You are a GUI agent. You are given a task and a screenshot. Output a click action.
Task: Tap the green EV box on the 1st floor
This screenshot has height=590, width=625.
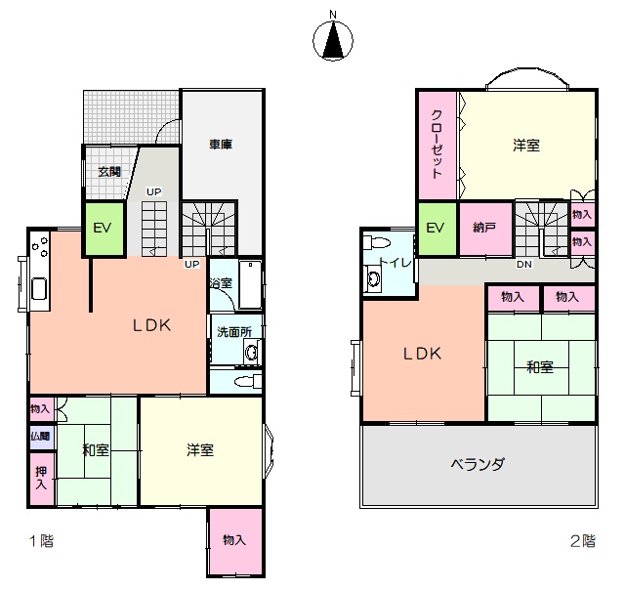click(103, 229)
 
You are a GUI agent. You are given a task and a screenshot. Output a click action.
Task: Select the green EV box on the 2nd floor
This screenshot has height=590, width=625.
click(437, 229)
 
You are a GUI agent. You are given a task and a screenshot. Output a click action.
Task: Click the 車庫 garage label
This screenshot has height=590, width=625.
click(221, 144)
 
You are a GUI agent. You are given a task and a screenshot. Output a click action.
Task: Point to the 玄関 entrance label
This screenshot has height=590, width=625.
click(109, 172)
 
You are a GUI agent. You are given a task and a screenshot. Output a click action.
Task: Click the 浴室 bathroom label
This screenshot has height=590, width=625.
click(221, 283)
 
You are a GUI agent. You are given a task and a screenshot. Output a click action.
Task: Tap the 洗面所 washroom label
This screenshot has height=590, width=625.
click(234, 332)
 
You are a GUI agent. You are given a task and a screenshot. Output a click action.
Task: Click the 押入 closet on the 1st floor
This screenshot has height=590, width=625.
click(42, 479)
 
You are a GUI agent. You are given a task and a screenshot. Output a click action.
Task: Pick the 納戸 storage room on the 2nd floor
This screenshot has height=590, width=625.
click(485, 229)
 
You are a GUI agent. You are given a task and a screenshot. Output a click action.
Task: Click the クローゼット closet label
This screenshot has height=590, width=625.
click(437, 144)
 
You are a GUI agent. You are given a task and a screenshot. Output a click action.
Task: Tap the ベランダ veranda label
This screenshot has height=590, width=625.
click(478, 464)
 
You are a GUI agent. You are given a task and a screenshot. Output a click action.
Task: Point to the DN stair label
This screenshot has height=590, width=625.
click(524, 265)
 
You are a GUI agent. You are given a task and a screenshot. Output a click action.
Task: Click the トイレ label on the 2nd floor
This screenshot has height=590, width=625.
click(395, 263)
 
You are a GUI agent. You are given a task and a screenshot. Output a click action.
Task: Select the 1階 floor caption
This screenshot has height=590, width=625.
click(42, 541)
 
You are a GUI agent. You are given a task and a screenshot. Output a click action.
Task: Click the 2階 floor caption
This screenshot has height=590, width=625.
click(583, 541)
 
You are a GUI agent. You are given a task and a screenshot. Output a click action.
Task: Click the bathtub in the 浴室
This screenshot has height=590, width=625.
click(250, 284)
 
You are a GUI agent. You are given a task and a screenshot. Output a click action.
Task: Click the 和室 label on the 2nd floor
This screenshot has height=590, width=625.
click(540, 367)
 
